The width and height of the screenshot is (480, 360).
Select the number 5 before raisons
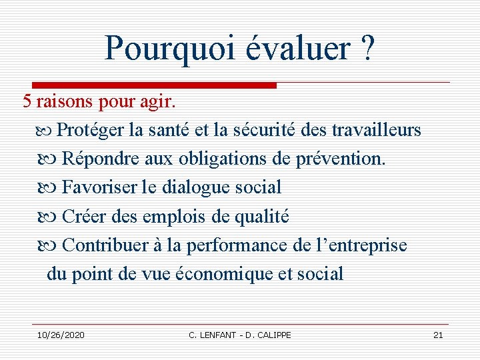click(x=27, y=102)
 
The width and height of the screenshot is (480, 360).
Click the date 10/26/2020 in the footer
click(x=61, y=335)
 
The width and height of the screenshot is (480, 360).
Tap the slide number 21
click(x=438, y=335)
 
